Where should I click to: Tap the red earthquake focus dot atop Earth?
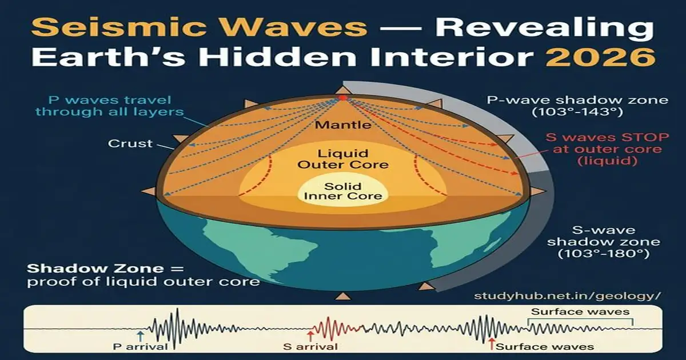(342, 98)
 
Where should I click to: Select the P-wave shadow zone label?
(577, 106)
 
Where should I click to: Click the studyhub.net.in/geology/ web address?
(567, 296)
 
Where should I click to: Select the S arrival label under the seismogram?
(311, 346)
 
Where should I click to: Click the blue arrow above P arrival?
(141, 335)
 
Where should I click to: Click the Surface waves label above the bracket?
(580, 312)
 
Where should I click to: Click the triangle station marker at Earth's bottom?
(343, 295)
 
